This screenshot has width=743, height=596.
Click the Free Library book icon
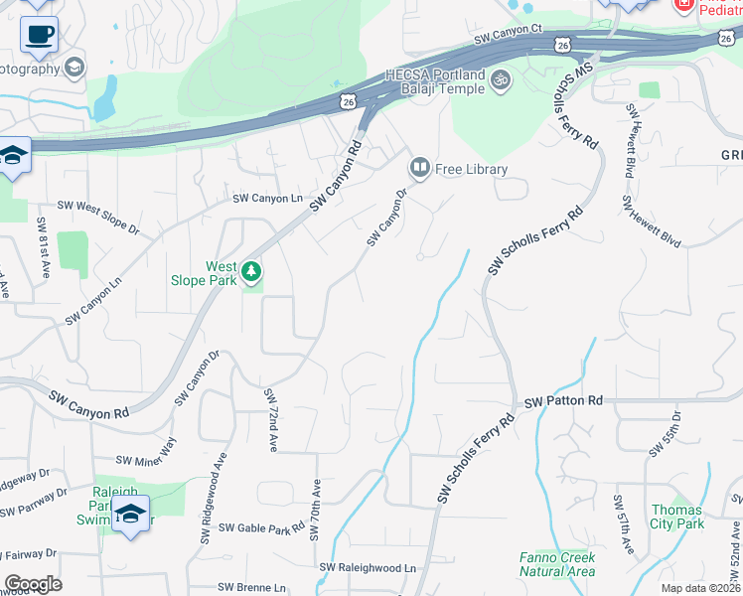click(x=419, y=168)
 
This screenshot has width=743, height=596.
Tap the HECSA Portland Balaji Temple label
click(x=436, y=81)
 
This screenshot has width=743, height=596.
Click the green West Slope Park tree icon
click(x=252, y=270)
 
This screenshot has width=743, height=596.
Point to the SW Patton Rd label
click(x=563, y=400)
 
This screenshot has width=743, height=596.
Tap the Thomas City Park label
click(x=677, y=517)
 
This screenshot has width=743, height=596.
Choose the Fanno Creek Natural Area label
click(x=557, y=564)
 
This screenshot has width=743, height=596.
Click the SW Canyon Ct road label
click(x=508, y=36)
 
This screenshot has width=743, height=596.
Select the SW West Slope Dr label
click(x=98, y=218)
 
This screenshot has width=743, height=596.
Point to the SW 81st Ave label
click(x=43, y=242)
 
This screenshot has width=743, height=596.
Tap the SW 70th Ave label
click(x=316, y=511)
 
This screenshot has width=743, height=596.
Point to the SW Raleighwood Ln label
click(x=368, y=567)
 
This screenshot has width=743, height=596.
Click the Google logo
click(x=33, y=584)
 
